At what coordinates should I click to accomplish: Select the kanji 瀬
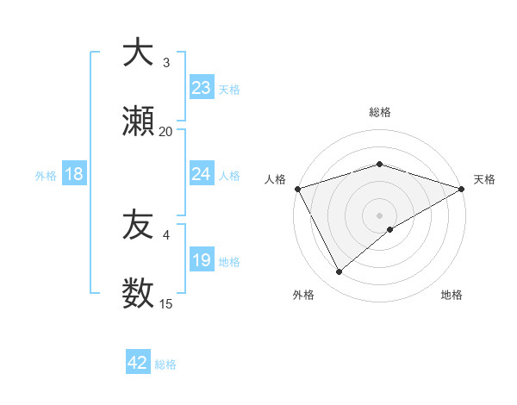(137, 121)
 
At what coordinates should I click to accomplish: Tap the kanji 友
(137, 225)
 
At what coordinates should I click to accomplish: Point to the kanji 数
(137, 294)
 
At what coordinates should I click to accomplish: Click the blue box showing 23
(201, 88)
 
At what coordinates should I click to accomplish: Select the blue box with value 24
(201, 174)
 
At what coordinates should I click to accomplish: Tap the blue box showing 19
(201, 260)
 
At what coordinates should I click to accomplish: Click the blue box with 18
(74, 174)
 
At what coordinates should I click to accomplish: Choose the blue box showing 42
(138, 363)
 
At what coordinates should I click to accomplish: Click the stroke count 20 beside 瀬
(165, 132)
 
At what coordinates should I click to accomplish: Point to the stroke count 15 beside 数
(165, 304)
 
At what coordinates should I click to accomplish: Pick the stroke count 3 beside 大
(165, 63)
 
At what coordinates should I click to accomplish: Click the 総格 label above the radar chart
(379, 112)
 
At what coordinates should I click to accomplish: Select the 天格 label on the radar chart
(484, 179)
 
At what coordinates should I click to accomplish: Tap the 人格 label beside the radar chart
(275, 179)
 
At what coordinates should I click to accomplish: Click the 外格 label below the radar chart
(303, 295)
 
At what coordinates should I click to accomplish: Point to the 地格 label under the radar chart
(452, 295)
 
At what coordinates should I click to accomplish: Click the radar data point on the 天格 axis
(462, 188)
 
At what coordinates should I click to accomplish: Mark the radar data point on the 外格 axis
(339, 271)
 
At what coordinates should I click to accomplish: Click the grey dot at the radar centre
(379, 215)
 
